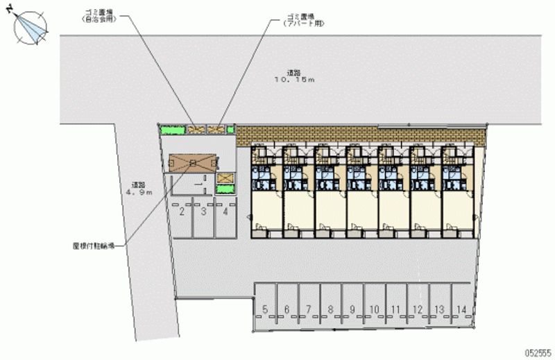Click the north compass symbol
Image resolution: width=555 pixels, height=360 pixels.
[29, 27]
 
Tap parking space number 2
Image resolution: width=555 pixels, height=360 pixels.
[182, 212]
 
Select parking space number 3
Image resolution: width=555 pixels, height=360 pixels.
[203, 212]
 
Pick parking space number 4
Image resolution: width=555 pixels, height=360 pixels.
[225, 212]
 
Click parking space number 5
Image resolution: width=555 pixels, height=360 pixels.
[265, 309]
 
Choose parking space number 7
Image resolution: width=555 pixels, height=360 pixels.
[308, 309]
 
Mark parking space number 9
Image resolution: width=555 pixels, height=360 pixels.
[352, 309]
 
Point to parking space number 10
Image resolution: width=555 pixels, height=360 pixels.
[374, 309]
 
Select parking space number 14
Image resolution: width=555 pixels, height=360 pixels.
[461, 309]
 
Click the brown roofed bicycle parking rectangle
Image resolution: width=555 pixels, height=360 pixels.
[193, 162]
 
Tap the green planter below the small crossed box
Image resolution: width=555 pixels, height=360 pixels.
[225, 189]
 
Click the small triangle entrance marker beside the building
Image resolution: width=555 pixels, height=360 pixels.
[248, 216]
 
